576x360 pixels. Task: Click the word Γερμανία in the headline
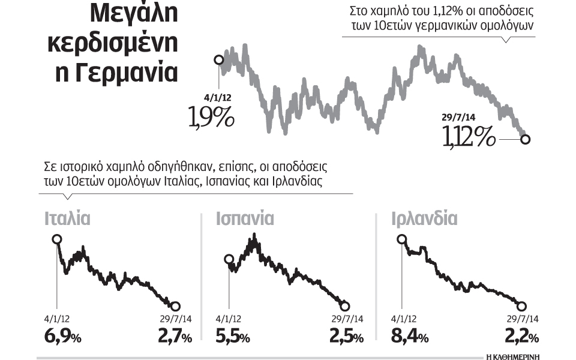click(x=133, y=73)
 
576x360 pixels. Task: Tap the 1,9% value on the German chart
click(x=211, y=116)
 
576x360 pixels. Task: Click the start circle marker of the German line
click(x=218, y=59)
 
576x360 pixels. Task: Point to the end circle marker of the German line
click(x=525, y=140)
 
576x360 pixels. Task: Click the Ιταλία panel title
click(x=67, y=218)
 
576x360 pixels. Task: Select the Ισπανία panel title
click(x=245, y=218)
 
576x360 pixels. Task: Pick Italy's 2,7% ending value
click(x=175, y=337)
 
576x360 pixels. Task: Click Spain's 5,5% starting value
click(x=232, y=337)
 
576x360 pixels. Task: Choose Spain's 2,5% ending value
click(x=346, y=337)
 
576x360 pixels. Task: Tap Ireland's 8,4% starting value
click(x=410, y=337)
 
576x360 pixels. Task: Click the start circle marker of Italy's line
click(x=57, y=239)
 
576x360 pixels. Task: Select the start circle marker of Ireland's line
click(x=401, y=239)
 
